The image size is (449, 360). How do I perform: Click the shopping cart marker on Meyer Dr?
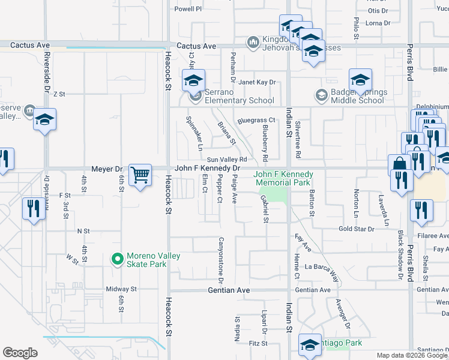[140, 175]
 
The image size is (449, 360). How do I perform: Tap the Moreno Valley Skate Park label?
[153, 260]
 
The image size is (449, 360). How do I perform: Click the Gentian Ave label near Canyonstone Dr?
[228, 290]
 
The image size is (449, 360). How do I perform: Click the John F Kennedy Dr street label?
[207, 169]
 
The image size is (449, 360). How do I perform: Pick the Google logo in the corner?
[20, 353]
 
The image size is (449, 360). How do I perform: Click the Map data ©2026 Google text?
[411, 355]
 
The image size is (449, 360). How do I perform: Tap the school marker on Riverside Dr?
[44, 120]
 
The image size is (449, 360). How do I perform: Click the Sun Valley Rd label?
[227, 160]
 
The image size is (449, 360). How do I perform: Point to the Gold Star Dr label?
[356, 229]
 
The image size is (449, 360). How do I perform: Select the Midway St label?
[121, 289]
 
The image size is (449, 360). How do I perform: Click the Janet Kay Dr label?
[257, 82]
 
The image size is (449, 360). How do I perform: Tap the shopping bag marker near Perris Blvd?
[400, 165]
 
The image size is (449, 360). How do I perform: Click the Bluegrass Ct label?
[256, 121]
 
